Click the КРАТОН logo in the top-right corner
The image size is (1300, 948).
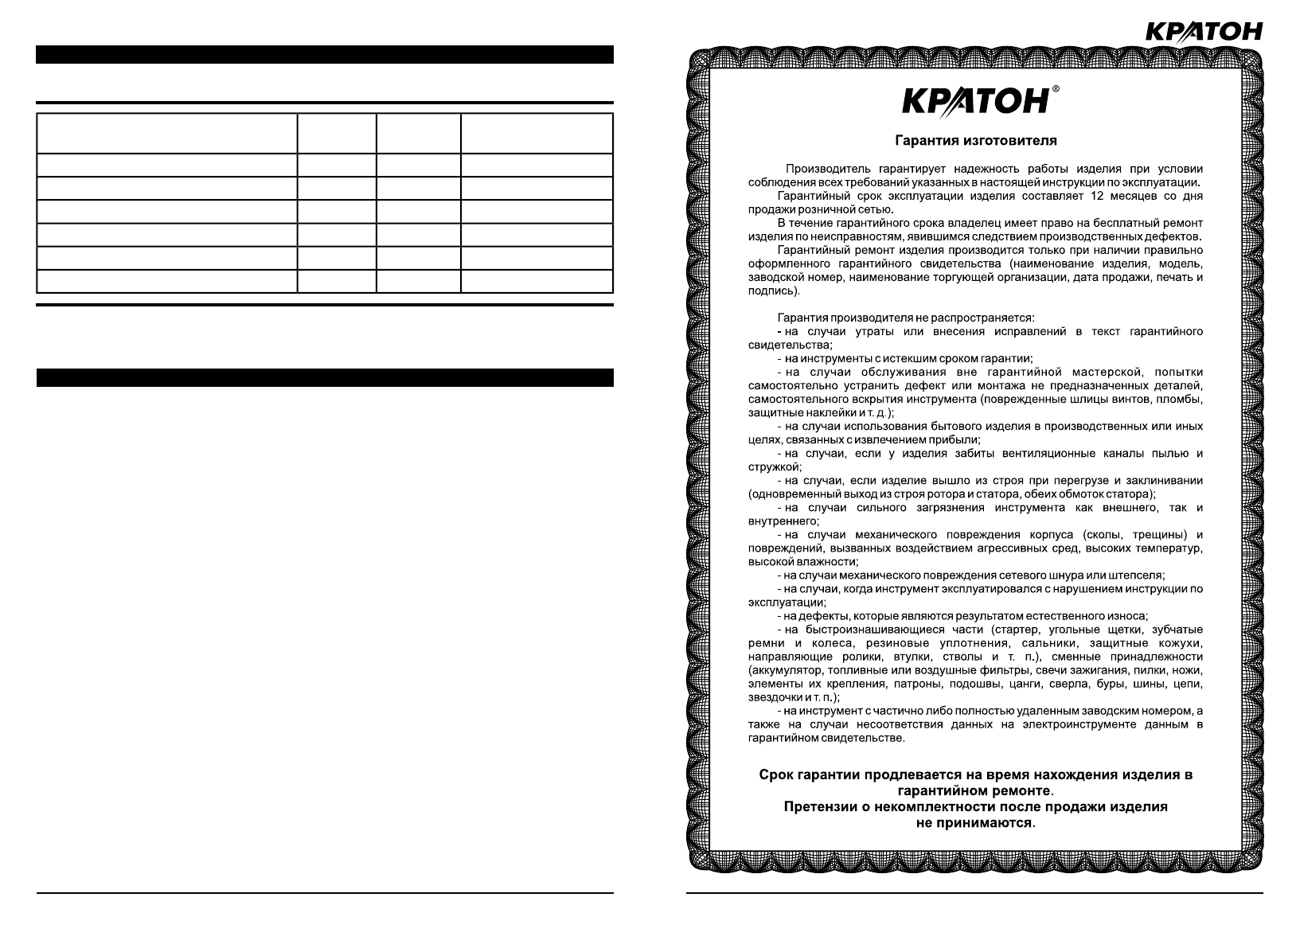pos(1203,31)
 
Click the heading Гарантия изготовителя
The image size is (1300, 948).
pos(976,141)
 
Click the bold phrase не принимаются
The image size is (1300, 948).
pos(974,823)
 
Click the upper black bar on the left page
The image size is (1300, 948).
pos(325,55)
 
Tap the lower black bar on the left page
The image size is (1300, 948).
pos(325,378)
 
